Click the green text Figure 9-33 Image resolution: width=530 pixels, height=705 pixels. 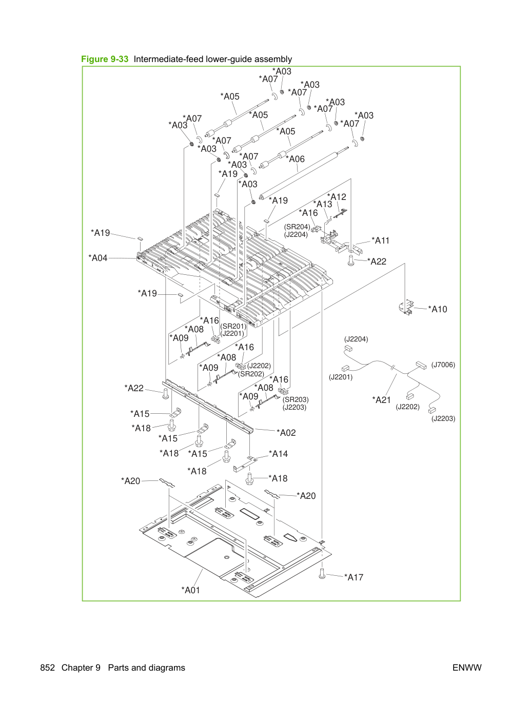point(105,59)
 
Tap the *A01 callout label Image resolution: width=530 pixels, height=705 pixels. point(190,590)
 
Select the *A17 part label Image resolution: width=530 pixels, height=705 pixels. point(354,577)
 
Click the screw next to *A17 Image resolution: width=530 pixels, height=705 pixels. point(322,573)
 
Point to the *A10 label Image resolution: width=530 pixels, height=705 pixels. point(438,309)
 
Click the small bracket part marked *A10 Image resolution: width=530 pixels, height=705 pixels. point(406,307)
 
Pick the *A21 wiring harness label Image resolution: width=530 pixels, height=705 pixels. point(382,400)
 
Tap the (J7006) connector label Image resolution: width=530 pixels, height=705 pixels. point(443,365)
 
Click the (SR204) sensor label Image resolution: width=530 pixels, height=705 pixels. point(297,227)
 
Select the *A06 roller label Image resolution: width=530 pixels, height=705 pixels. point(295,159)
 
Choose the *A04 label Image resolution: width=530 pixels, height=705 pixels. point(98,258)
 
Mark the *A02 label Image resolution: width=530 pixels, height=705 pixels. point(286,433)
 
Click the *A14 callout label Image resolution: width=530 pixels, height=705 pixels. point(278,454)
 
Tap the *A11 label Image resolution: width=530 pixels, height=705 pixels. point(381,240)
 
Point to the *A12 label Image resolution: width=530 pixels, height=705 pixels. point(337,196)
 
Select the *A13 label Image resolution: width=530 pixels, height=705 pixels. point(323,204)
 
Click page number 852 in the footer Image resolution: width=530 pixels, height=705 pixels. point(48,668)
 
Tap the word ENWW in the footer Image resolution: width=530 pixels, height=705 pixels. point(467,668)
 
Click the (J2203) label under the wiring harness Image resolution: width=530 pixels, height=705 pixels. point(443,418)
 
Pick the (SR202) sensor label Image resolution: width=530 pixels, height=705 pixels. point(251,374)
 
